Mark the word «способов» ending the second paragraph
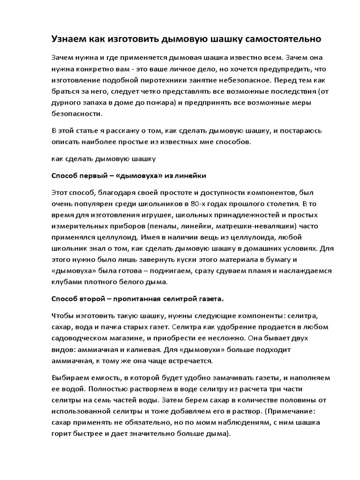click(226, 141)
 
